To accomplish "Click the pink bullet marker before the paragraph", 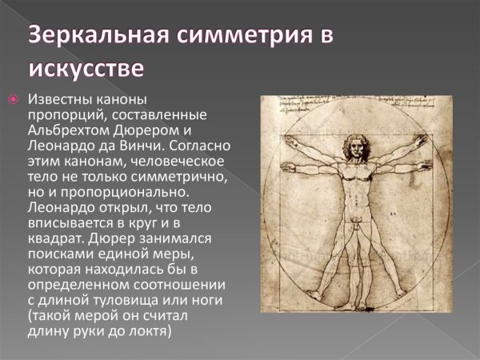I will pyautogui.click(x=13, y=100).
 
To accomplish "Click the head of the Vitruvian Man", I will pyautogui.click(x=350, y=149).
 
